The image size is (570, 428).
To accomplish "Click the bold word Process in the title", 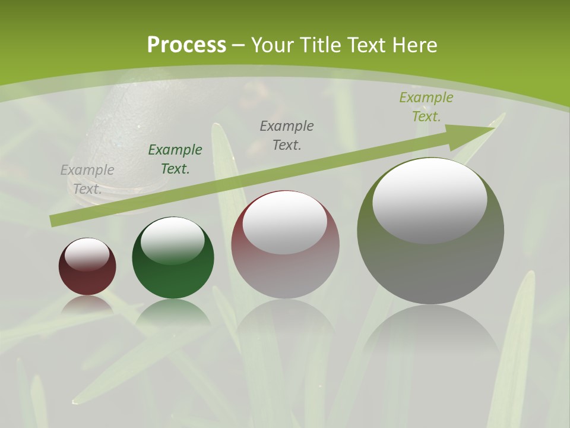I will (x=186, y=45).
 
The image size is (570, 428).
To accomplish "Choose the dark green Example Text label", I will (x=175, y=159).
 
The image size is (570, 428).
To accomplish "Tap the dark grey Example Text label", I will (x=287, y=135).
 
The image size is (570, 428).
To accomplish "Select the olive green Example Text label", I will (x=426, y=107).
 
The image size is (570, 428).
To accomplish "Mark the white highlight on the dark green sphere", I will (x=173, y=240).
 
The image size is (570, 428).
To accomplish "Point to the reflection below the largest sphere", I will (x=430, y=333).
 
